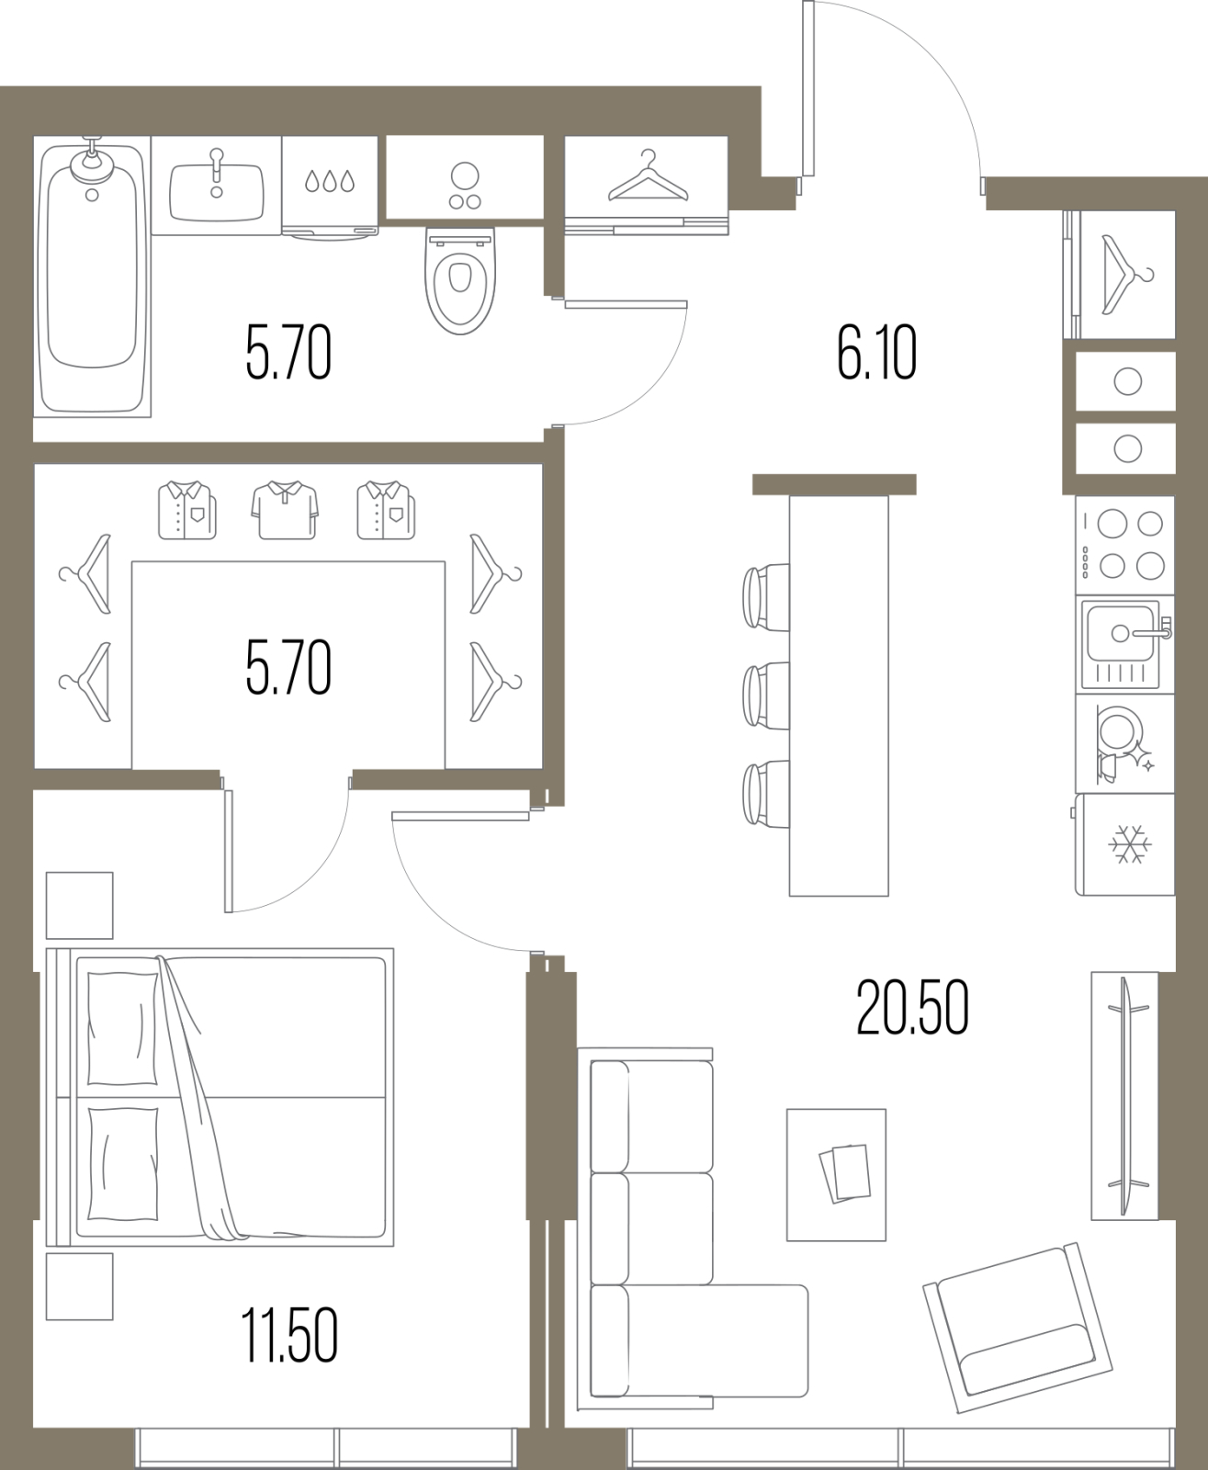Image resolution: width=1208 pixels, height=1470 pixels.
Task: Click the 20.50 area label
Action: [912, 1009]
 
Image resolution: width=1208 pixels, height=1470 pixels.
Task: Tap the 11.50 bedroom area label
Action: [289, 1335]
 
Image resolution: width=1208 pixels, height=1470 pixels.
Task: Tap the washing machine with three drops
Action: [330, 187]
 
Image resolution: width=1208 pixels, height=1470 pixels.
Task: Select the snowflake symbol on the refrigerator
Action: [1130, 844]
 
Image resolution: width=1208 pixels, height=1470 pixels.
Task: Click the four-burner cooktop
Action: [1124, 545]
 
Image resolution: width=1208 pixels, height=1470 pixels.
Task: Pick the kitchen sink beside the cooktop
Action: [1124, 644]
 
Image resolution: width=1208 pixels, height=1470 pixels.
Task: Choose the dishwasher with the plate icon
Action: [1124, 743]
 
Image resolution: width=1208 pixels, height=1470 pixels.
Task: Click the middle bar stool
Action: [766, 695]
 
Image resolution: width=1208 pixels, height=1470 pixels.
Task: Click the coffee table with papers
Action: [837, 1174]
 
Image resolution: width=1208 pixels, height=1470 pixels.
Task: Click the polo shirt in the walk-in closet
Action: [285, 510]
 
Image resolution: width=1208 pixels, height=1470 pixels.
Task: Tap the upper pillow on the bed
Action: [123, 1028]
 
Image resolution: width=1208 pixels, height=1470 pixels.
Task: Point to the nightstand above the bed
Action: [80, 905]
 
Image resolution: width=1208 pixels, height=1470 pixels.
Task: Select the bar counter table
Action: [839, 695]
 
